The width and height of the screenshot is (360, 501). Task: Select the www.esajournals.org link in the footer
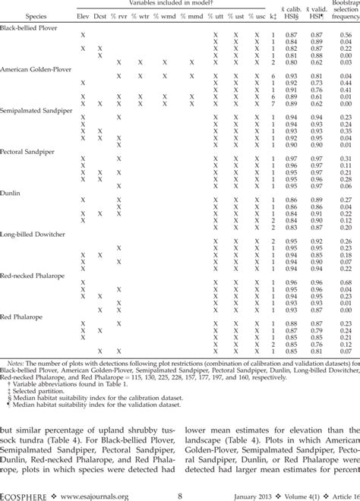(x=91, y=493)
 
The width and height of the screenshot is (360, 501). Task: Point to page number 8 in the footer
(x=179, y=493)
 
